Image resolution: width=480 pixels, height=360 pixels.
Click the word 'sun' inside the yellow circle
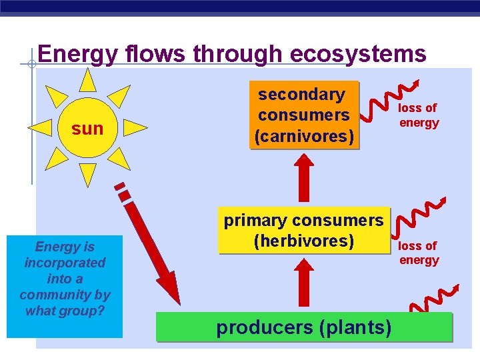(x=87, y=128)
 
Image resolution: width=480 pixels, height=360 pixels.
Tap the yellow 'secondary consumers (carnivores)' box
(x=304, y=115)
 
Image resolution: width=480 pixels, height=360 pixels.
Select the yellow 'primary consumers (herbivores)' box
(x=303, y=231)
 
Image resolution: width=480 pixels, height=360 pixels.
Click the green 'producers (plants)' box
(x=303, y=327)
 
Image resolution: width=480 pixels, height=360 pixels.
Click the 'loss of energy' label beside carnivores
(x=419, y=115)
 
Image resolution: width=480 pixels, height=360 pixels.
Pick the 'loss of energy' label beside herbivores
(x=419, y=253)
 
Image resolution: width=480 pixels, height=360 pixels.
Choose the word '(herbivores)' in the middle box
(x=303, y=240)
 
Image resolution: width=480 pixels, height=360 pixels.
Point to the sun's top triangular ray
(x=87, y=81)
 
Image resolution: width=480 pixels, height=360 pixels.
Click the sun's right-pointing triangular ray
(x=135, y=127)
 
